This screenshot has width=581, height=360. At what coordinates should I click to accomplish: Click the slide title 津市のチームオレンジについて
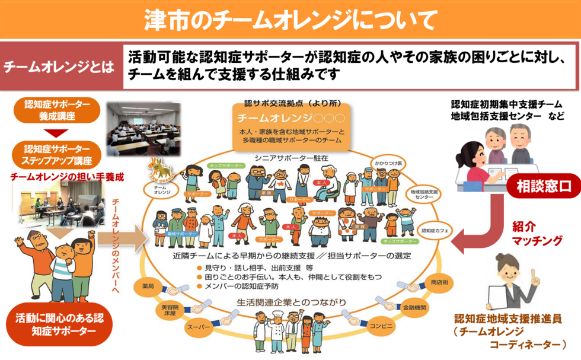[x=290, y=19]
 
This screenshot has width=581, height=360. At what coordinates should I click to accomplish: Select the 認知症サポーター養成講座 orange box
[x=58, y=110]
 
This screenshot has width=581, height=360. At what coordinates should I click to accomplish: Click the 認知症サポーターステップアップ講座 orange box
[x=58, y=154]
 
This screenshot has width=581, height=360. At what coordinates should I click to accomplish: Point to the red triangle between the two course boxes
[x=58, y=132]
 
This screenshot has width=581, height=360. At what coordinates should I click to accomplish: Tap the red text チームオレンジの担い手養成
[x=58, y=176]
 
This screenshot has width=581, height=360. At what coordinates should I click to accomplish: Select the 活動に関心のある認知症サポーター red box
[x=58, y=324]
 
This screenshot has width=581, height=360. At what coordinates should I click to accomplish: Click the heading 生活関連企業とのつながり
[x=291, y=303]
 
